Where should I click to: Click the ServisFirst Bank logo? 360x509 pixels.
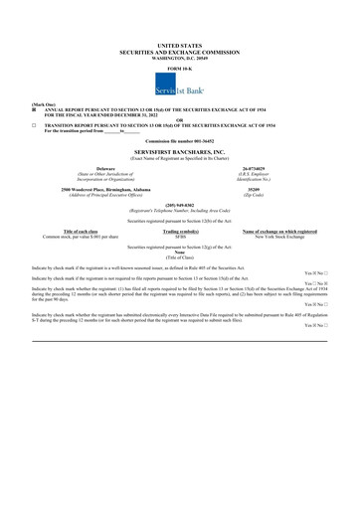tap(179, 86)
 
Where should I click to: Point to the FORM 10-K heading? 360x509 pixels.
tap(179, 67)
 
